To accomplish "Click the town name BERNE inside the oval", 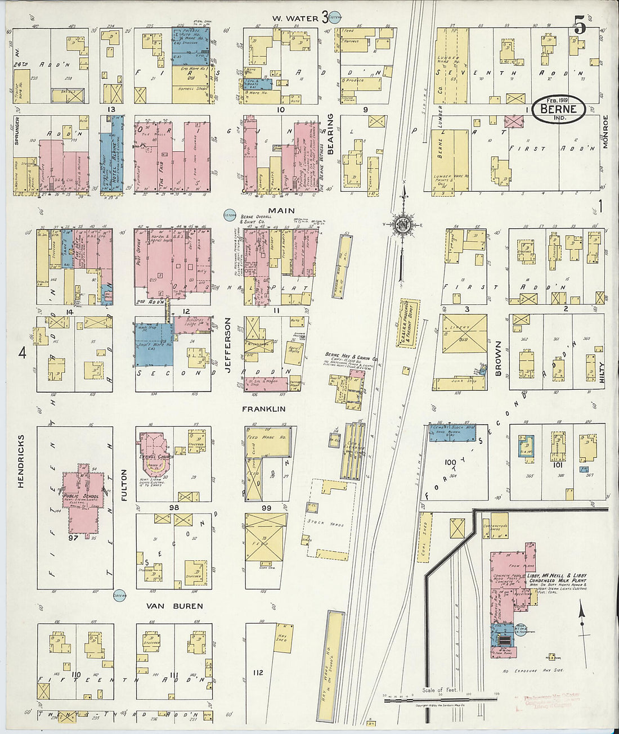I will tap(558, 109).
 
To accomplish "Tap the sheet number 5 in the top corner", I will tap(580, 25).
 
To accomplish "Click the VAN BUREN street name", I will tap(174, 606).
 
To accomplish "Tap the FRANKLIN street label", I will tap(263, 409).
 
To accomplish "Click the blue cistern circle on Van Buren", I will tap(119, 595).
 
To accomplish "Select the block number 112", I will tap(258, 673).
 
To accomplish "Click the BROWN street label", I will tap(498, 358).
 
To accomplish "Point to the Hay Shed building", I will tap(281, 637).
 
